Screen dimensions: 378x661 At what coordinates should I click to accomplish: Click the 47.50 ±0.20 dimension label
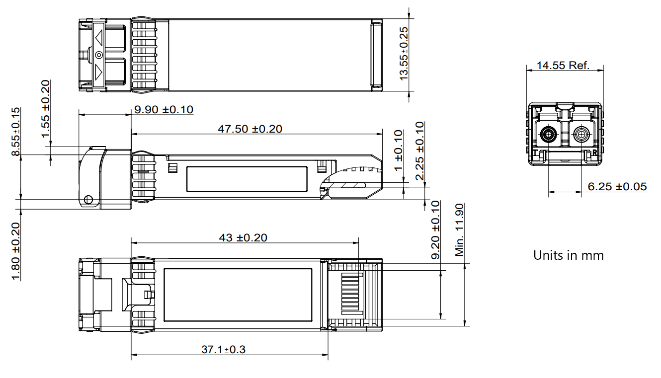[249, 129]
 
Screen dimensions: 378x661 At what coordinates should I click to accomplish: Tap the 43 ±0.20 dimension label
[243, 238]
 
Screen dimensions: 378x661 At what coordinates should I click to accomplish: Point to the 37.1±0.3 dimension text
[223, 350]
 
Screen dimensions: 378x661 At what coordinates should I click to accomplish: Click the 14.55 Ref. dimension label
[563, 65]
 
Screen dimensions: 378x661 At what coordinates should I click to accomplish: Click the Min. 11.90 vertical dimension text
[459, 229]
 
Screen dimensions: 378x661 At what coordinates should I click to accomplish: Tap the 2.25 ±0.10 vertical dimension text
[420, 151]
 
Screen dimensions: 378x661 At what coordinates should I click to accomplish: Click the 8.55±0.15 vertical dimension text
[16, 132]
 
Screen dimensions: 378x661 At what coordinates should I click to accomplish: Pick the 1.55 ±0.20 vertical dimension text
[46, 109]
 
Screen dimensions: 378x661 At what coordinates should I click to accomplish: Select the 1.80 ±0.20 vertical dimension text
[16, 251]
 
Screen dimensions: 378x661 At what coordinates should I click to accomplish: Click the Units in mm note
[568, 255]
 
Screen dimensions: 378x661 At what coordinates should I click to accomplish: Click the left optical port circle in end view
[549, 134]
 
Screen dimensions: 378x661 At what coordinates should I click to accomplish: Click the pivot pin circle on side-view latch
[88, 200]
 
